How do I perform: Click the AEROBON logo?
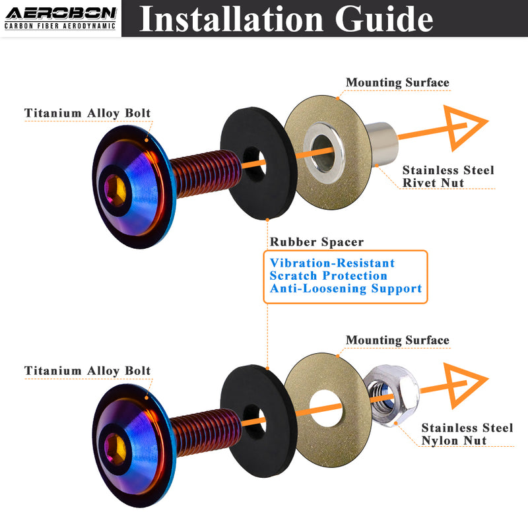coord(60,18)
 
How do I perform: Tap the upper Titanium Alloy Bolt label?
coord(87,113)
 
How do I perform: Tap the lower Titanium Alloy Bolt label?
coord(87,370)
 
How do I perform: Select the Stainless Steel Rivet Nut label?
coord(447,176)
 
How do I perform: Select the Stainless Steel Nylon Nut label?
coord(467,434)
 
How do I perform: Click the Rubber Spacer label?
coord(316,242)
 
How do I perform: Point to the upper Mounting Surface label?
coord(397,82)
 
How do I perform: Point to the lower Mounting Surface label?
coord(397,340)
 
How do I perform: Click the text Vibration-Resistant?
coord(332,263)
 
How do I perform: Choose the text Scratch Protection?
coord(328,275)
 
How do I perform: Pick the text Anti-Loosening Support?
coord(345,288)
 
